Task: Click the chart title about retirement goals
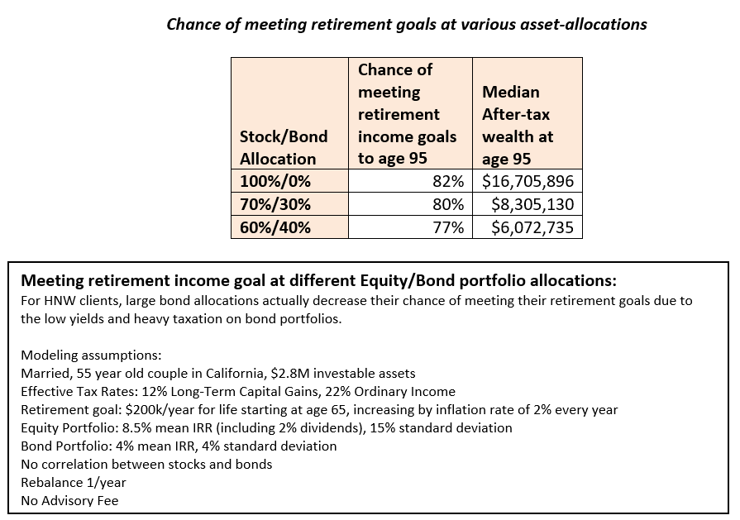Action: pos(406,24)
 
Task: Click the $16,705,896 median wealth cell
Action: pos(527,181)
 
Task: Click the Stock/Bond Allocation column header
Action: pos(284,147)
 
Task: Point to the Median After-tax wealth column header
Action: pos(518,125)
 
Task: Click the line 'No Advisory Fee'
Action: pos(69,500)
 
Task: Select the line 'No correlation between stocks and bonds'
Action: pos(146,464)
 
